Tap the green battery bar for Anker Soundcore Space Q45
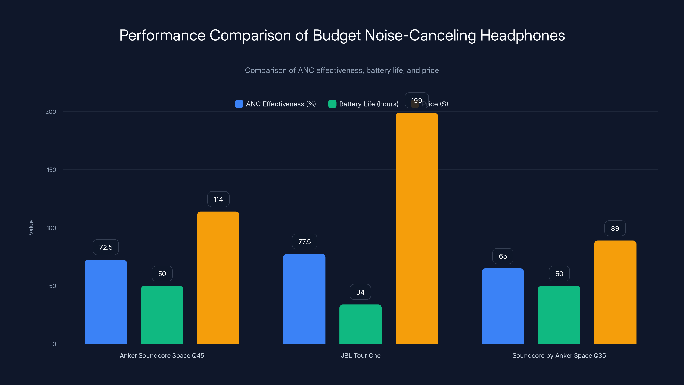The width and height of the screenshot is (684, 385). click(162, 315)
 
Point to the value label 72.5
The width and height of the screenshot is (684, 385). click(106, 247)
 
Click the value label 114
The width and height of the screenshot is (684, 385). click(218, 199)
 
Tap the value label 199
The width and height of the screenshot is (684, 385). click(416, 101)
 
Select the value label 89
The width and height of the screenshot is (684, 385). click(615, 228)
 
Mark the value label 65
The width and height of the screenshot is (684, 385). click(503, 256)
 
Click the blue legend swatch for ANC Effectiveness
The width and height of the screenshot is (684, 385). click(239, 104)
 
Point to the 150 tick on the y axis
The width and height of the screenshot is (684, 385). click(52, 170)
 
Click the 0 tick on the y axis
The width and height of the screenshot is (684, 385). click(54, 344)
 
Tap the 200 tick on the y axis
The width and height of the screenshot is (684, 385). click(51, 112)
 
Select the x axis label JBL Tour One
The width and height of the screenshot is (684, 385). click(361, 355)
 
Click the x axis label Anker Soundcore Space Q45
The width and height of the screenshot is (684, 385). click(162, 355)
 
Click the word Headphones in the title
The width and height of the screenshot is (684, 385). click(522, 35)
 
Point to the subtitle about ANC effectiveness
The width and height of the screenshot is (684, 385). click(342, 70)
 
